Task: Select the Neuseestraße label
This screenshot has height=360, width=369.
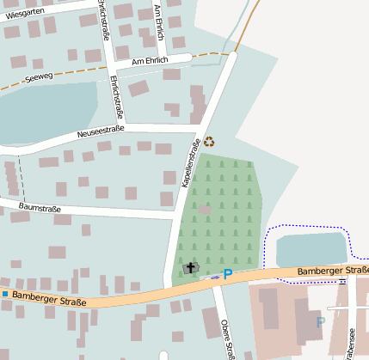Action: pyautogui.click(x=101, y=131)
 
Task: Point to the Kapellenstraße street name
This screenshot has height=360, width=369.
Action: pyautogui.click(x=190, y=163)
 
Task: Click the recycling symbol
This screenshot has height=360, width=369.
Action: pyautogui.click(x=209, y=143)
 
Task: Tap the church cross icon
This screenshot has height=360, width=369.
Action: pyautogui.click(x=190, y=268)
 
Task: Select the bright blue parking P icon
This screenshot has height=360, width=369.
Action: pyautogui.click(x=227, y=275)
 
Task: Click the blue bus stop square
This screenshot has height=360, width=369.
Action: pyautogui.click(x=4, y=294)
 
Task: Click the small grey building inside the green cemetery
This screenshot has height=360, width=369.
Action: pyautogui.click(x=205, y=209)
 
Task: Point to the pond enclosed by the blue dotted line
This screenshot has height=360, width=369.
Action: pyautogui.click(x=311, y=248)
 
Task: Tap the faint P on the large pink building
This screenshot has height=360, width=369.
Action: pyautogui.click(x=321, y=322)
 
